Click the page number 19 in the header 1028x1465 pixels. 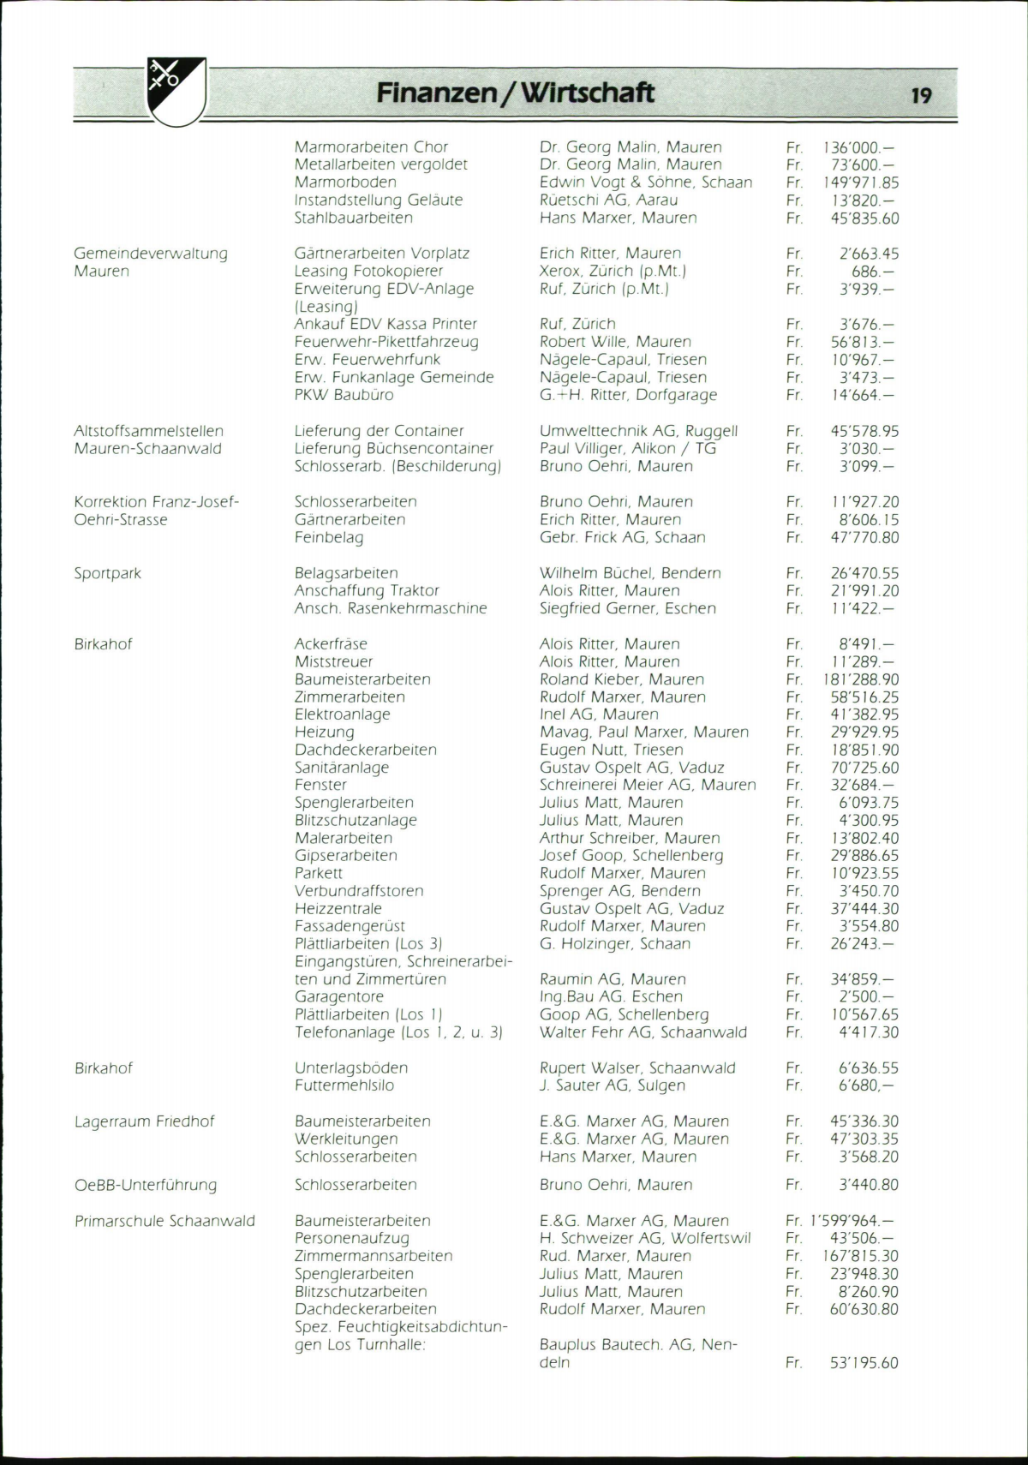point(921,95)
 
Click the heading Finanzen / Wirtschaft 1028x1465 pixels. point(515,93)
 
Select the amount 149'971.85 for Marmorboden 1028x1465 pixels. point(860,182)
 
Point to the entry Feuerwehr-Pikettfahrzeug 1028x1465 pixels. point(386,342)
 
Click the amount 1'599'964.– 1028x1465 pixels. point(853,1221)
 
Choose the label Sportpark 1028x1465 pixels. point(107,573)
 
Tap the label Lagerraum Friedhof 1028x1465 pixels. point(144,1121)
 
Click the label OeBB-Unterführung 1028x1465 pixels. point(146,1185)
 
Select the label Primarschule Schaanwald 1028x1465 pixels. point(164,1221)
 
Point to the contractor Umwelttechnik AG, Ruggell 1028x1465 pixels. point(638,431)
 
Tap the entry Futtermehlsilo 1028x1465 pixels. point(344,1085)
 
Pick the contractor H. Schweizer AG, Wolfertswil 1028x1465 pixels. point(645,1238)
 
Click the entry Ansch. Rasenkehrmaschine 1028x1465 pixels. point(391,608)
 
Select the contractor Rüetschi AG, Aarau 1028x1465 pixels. point(608,200)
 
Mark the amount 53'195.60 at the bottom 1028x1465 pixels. point(864,1362)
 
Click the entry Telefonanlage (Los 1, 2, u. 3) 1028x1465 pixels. point(398,1032)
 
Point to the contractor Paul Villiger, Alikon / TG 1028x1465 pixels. point(627,448)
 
